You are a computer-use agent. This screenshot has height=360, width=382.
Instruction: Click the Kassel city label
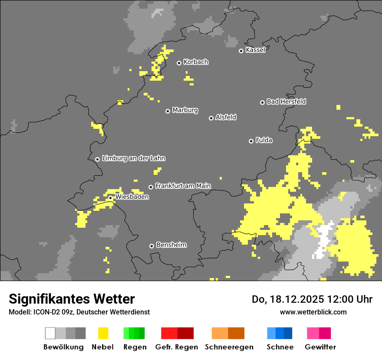[x=255, y=50]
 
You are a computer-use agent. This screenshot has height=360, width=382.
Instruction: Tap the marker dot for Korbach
[x=179, y=63]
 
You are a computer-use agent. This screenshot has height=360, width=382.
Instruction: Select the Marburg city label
[x=185, y=110]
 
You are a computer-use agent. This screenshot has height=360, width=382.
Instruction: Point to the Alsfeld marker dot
[x=211, y=118]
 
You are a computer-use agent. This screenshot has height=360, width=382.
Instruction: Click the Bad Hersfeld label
[x=286, y=101]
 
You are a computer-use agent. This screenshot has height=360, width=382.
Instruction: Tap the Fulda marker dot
[x=251, y=141]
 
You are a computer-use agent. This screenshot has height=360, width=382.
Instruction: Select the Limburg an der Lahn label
[x=133, y=158]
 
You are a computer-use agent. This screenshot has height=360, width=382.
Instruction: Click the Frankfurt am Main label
[x=183, y=186]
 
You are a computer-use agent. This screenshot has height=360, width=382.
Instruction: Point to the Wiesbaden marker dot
[x=110, y=198]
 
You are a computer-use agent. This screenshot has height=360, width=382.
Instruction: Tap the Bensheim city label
[x=171, y=245]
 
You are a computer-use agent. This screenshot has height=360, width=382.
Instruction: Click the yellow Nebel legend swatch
[x=103, y=333]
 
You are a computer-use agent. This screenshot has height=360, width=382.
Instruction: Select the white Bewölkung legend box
[x=50, y=333]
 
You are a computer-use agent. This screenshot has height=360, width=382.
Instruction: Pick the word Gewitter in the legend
[x=320, y=347]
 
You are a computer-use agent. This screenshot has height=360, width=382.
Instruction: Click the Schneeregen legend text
[x=229, y=347]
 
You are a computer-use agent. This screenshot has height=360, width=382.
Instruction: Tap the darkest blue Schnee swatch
[x=288, y=333]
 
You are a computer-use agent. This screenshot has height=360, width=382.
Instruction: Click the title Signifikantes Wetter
[x=72, y=299]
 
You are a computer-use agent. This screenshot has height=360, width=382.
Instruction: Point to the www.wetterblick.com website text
[x=313, y=312]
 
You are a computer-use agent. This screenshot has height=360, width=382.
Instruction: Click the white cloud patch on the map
[x=323, y=241]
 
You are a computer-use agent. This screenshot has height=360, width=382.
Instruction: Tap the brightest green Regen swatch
[x=126, y=333]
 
